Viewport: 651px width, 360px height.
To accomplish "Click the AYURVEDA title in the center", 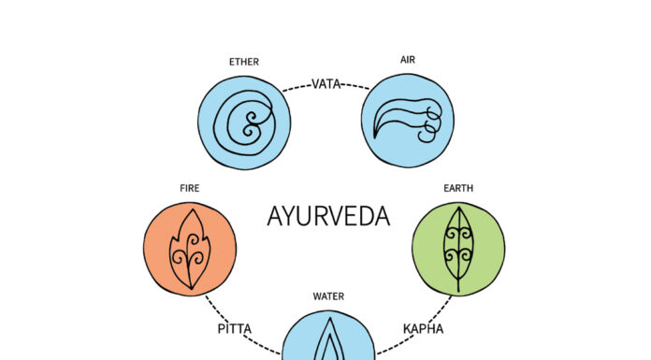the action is (x=327, y=217).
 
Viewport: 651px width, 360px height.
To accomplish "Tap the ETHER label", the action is (x=243, y=63).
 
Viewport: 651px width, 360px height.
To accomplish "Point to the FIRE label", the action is (x=190, y=188).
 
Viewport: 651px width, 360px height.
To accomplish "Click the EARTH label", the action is (x=458, y=188).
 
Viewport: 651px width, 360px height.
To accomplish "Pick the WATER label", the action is (x=328, y=296).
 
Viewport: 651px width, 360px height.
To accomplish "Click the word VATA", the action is (x=326, y=84).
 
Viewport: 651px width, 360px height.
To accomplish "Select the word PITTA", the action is (x=236, y=329).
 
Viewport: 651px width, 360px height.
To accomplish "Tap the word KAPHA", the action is (x=423, y=329).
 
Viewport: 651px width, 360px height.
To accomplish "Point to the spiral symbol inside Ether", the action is (x=246, y=122).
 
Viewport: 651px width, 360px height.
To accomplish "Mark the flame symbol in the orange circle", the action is (x=190, y=249).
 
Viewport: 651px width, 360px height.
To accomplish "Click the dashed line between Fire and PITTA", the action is (x=217, y=308).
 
